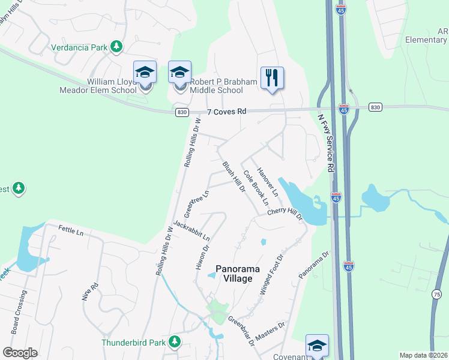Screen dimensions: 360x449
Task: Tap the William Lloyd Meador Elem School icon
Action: tap(145, 73)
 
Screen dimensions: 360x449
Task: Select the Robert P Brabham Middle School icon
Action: tap(179, 73)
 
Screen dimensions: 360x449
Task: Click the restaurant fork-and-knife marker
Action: tap(272, 78)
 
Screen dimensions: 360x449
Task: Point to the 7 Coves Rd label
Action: tap(227, 112)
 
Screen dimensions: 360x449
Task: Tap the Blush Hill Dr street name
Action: tap(234, 177)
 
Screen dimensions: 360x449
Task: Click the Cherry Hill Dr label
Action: tap(285, 214)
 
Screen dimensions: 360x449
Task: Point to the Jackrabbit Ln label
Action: tap(191, 230)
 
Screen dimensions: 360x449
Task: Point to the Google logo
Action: tap(20, 353)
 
